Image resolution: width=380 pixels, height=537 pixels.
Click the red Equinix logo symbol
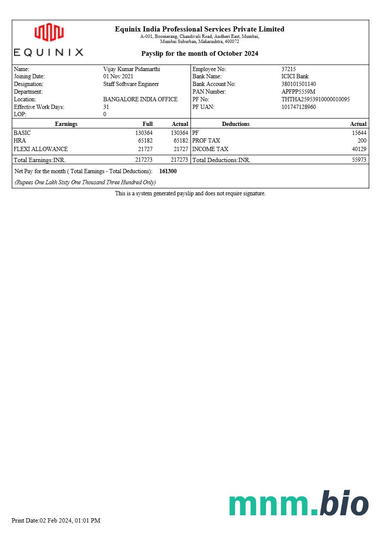[49, 32]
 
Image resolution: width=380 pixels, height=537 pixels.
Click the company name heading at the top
[199, 29]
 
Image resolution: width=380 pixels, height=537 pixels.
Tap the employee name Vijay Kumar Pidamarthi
[132, 69]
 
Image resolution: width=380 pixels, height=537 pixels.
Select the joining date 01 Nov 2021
[118, 77]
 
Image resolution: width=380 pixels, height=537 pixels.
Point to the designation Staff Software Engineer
[131, 84]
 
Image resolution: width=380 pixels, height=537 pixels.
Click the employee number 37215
[288, 69]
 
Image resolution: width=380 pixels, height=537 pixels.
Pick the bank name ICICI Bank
[295, 77]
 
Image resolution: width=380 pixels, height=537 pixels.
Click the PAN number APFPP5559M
[298, 92]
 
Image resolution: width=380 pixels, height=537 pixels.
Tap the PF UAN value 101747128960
[299, 107]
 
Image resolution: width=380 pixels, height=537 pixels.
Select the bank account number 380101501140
[299, 84]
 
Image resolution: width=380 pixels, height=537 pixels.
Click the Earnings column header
[66, 124]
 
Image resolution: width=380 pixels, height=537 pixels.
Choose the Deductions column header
[236, 124]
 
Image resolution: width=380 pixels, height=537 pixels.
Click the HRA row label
[20, 141]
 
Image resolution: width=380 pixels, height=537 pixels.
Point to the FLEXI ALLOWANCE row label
[40, 149]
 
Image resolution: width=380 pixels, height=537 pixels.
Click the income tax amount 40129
[359, 149]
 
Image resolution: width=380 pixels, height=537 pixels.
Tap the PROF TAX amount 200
[362, 141]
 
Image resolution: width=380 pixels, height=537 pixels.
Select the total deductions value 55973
[359, 160]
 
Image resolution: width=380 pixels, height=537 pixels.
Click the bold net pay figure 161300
[168, 171]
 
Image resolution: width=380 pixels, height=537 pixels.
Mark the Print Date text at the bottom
[56, 520]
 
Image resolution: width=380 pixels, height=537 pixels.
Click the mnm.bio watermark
[299, 504]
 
